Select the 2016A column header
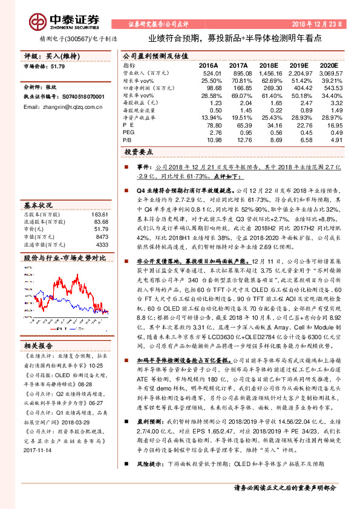click(208, 65)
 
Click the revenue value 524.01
click(207, 73)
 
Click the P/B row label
click(128, 139)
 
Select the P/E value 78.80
click(208, 125)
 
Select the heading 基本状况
click(38, 205)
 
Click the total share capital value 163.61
click(100, 214)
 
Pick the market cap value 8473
click(102, 237)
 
